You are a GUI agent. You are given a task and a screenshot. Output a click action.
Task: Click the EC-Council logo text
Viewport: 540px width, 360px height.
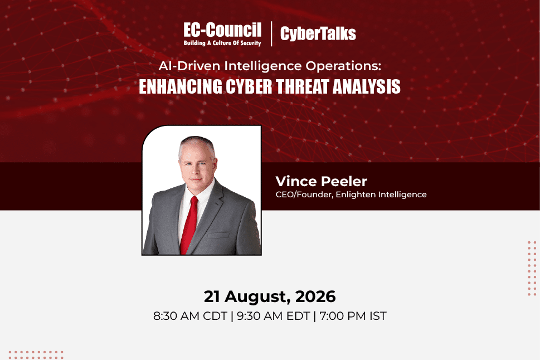pos(222,30)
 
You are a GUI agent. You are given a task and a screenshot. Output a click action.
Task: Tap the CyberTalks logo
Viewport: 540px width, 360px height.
pos(318,33)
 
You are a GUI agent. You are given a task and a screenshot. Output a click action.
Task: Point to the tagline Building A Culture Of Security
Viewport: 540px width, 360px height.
pos(222,43)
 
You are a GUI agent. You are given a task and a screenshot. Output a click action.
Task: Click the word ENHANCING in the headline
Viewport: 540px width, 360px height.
pos(181,86)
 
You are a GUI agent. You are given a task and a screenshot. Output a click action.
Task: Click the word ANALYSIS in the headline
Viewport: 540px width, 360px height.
pos(367,86)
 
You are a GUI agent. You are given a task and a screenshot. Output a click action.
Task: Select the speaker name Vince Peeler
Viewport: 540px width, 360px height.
pos(322,182)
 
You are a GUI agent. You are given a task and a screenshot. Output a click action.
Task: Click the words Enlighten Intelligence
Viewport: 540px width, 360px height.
pos(381,194)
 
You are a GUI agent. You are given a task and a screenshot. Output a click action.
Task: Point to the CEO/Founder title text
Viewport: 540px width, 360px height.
pos(304,194)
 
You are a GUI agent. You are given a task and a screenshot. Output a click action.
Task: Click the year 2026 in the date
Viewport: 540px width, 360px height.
pos(315,296)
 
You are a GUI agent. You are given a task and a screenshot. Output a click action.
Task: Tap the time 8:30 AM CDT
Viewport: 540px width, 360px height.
pos(190,316)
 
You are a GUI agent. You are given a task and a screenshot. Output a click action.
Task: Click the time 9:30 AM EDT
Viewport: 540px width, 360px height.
pos(273,316)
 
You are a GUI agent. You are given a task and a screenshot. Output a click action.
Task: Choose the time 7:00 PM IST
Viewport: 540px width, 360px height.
pos(353,316)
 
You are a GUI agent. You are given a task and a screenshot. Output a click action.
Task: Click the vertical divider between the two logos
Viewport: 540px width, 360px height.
pos(271,33)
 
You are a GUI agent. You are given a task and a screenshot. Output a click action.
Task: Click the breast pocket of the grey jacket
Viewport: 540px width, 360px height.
pos(218,235)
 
